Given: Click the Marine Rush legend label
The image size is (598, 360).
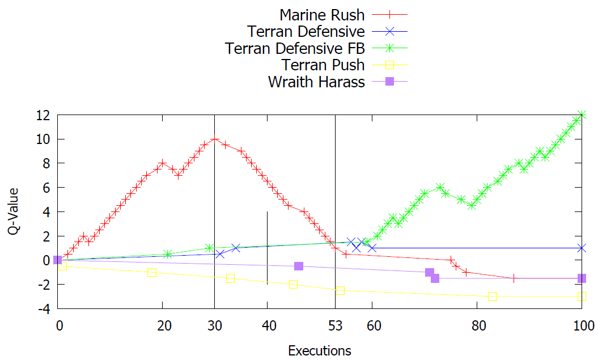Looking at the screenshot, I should click(x=322, y=15).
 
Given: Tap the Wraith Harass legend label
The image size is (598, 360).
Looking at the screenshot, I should click(x=316, y=82).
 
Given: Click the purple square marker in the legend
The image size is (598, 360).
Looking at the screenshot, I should click(x=389, y=82).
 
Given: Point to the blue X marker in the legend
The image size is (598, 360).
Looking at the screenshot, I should click(x=389, y=31).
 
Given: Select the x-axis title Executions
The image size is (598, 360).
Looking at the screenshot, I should click(x=320, y=350).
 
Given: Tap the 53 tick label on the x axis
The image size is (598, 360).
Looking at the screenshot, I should click(x=335, y=326).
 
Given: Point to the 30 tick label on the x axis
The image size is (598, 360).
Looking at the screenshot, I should click(x=214, y=326).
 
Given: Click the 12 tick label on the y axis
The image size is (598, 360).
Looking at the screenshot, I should click(x=42, y=115).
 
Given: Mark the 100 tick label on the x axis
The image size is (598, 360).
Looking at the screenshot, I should click(x=582, y=326).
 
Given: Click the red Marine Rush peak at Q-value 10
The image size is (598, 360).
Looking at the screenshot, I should click(x=214, y=139).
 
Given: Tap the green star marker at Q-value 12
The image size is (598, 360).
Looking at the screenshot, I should click(x=582, y=115).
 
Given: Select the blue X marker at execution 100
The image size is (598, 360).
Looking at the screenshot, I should click(x=582, y=248).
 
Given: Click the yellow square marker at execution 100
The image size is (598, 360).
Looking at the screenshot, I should click(x=582, y=297).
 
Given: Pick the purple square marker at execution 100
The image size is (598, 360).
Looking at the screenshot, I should click(x=582, y=278).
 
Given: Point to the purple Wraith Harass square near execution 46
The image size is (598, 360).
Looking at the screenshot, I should click(x=299, y=266).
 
